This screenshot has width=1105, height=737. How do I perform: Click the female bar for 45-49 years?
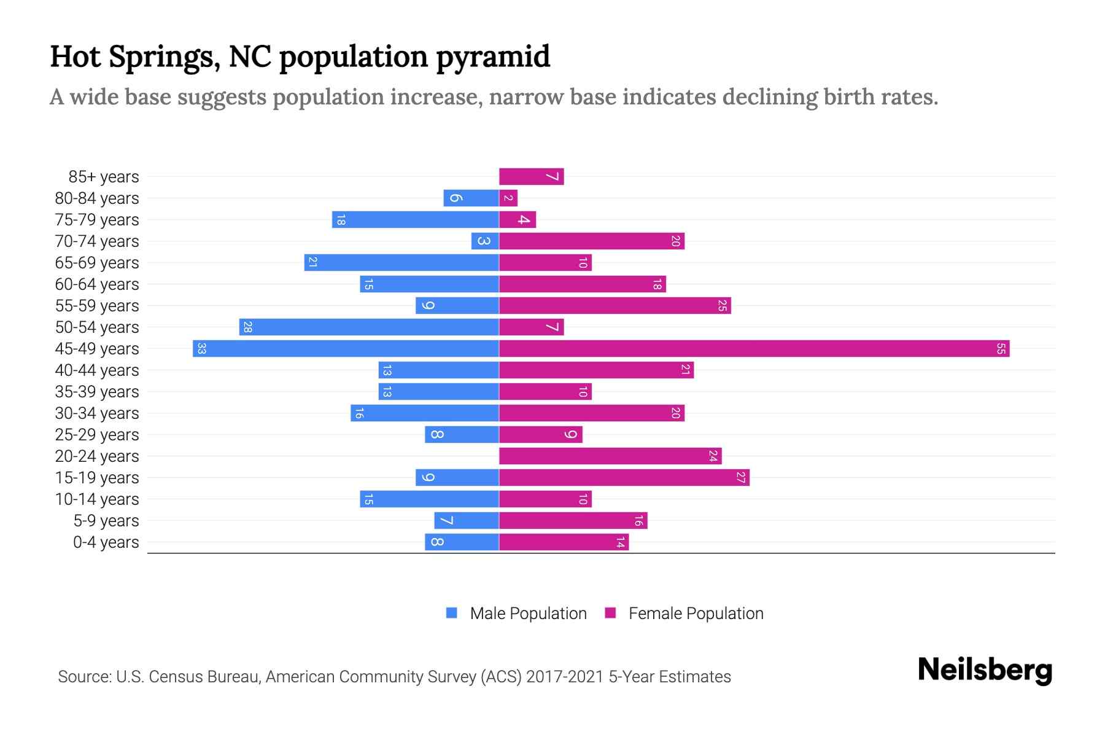[754, 349]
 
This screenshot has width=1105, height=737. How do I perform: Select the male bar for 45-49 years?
[346, 349]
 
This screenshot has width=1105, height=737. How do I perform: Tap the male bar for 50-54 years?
[369, 327]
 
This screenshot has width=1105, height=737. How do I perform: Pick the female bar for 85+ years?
[531, 177]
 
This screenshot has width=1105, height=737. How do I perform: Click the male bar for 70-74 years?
[485, 241]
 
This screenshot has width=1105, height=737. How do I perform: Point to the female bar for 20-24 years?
[610, 456]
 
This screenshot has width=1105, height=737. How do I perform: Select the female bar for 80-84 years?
[508, 198]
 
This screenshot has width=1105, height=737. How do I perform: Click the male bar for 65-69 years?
[401, 263]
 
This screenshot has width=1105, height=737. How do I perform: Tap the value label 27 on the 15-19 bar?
[740, 478]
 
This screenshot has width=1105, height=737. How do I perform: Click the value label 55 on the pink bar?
[1001, 349]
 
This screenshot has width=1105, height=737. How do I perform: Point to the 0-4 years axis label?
[106, 542]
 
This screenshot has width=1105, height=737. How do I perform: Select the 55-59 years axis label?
[97, 306]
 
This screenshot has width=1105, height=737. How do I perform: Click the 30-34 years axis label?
[97, 413]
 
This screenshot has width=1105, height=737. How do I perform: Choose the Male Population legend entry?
[528, 614]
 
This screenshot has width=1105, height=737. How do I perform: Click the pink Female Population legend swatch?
[610, 613]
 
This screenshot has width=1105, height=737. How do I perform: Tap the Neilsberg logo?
[985, 670]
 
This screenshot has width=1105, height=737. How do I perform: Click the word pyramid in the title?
[493, 57]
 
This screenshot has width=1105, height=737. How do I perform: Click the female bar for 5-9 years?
[573, 521]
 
